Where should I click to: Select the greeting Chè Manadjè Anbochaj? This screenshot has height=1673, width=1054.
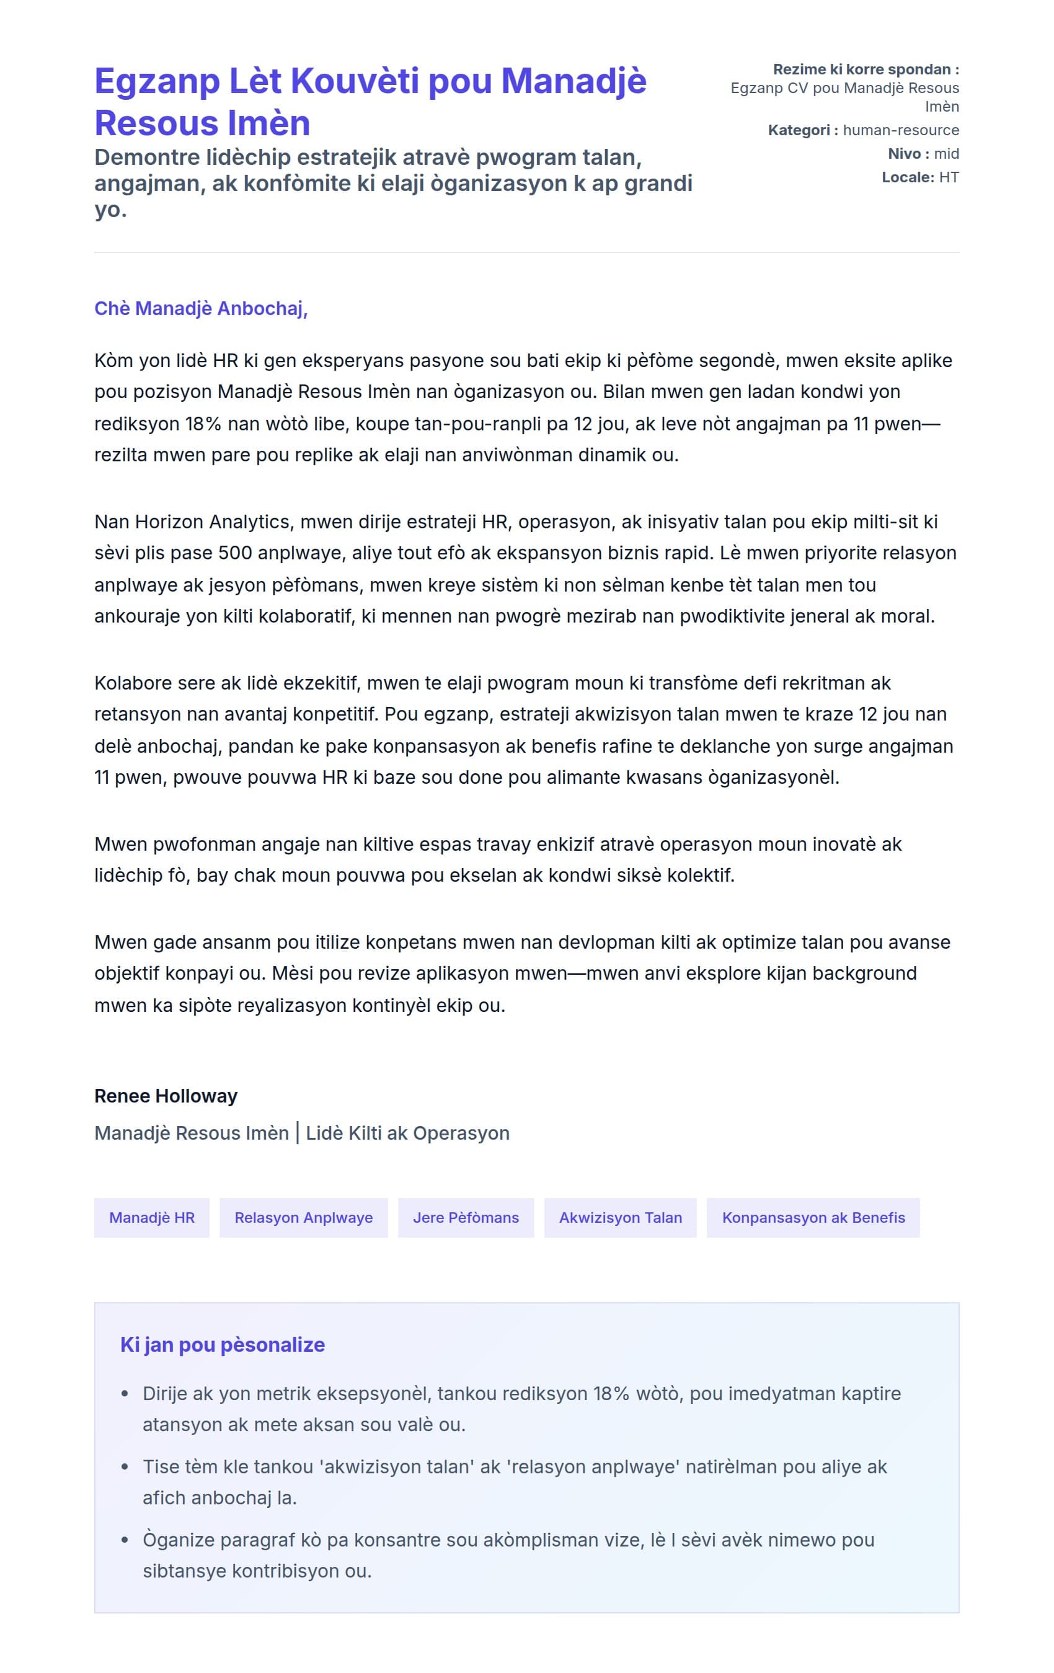(200, 308)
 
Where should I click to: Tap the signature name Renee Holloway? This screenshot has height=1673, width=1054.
(166, 1096)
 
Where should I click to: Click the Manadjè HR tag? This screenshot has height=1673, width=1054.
(151, 1217)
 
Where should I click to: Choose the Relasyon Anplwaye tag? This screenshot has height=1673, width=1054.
(303, 1217)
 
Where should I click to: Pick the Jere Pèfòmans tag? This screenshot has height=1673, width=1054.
(466, 1217)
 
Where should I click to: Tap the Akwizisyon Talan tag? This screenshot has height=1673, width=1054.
(620, 1217)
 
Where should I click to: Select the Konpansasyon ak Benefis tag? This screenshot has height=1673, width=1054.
(813, 1217)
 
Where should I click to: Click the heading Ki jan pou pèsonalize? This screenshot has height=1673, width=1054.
(223, 1344)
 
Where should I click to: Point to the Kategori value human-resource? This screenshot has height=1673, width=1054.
(900, 130)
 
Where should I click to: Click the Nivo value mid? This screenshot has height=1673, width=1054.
(946, 154)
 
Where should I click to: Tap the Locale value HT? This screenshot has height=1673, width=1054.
(949, 177)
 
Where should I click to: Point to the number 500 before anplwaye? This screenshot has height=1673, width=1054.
(235, 553)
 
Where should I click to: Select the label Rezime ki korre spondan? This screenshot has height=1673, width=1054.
(865, 69)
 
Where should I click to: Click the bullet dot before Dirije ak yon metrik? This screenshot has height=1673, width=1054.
(125, 1394)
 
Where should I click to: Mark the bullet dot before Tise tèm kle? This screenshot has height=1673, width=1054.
(125, 1467)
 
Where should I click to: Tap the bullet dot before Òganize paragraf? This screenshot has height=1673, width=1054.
(125, 1540)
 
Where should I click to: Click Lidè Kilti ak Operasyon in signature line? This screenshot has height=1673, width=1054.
(407, 1133)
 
